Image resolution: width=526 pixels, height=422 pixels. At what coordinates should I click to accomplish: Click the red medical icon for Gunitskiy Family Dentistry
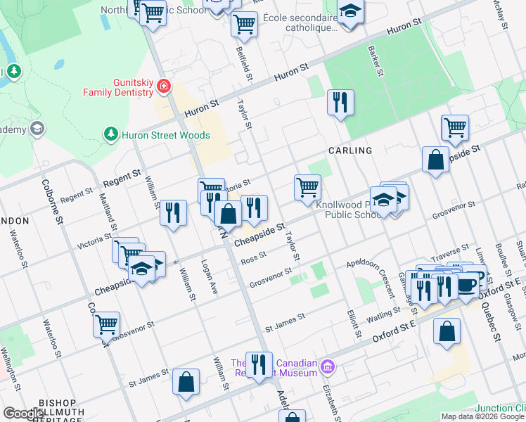click(163, 86)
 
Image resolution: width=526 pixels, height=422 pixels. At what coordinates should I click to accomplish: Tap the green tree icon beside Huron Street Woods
click(110, 134)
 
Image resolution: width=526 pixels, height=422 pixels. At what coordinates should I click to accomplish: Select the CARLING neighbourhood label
click(349, 151)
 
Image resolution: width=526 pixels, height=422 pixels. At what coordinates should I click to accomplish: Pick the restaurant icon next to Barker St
click(340, 103)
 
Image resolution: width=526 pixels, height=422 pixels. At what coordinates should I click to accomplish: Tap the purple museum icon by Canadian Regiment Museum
click(326, 366)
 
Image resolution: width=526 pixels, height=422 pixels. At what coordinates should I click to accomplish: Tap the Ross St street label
click(253, 259)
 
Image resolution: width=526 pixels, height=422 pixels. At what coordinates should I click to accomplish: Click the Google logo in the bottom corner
click(24, 414)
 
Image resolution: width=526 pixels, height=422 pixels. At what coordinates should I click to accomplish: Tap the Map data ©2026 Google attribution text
click(482, 416)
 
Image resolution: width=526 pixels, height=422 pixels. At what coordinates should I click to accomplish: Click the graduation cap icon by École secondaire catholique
click(349, 12)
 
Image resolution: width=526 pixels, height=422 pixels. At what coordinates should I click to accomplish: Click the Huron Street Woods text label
click(166, 135)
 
